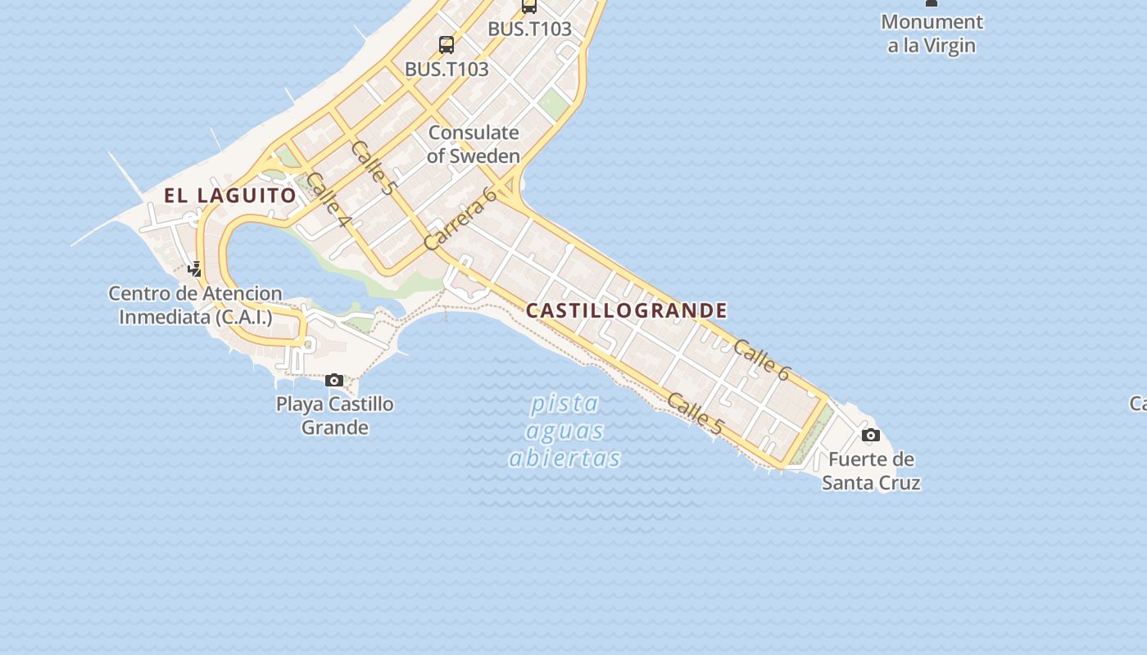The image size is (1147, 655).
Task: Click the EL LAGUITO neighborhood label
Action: [x=230, y=195]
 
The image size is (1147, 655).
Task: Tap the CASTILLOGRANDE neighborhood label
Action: [x=627, y=310]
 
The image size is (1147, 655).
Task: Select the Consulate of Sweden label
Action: [x=474, y=144]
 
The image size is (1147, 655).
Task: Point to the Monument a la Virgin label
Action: [x=932, y=34]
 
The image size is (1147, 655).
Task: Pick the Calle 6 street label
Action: [x=761, y=360]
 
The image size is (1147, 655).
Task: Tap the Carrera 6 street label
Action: [x=460, y=219]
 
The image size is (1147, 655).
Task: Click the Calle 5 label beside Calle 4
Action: [x=373, y=167]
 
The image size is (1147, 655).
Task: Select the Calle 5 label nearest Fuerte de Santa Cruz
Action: [x=695, y=413]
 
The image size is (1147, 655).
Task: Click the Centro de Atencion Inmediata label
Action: [x=195, y=305]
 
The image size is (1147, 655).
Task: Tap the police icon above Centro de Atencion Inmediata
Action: [x=195, y=269]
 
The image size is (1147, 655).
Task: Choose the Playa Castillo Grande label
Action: [x=334, y=415]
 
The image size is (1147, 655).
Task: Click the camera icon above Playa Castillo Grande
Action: [x=334, y=380]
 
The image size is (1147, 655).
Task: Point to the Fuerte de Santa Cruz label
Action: [x=871, y=471]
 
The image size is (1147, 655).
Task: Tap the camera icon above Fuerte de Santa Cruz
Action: [x=871, y=435]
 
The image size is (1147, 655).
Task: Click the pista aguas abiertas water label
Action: [x=564, y=431]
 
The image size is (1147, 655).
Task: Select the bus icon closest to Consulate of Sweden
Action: [x=447, y=45]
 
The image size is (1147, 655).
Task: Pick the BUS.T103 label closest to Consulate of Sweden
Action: [x=447, y=70]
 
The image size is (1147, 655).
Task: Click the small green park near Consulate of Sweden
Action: [x=554, y=104]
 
